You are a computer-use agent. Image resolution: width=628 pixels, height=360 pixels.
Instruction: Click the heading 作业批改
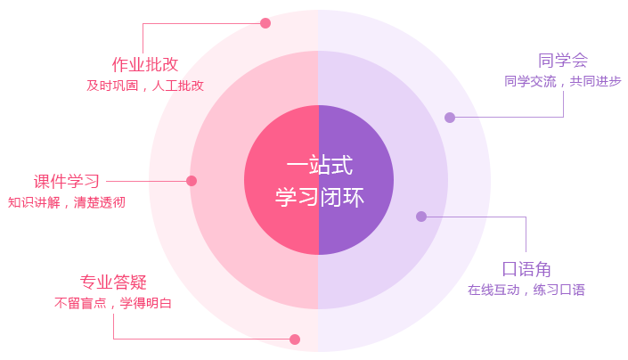point(145,64)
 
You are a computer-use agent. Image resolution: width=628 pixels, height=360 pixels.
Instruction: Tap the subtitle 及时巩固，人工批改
point(145,86)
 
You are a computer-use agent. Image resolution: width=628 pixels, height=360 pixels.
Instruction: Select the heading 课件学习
point(67,182)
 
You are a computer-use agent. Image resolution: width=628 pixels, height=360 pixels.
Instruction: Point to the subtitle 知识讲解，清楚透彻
point(67,202)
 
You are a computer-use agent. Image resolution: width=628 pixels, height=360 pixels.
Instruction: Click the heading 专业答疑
point(113,282)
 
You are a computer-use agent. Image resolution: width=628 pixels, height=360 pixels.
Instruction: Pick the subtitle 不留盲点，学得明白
point(113,303)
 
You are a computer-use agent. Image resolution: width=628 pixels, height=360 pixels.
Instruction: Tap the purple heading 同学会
point(563,61)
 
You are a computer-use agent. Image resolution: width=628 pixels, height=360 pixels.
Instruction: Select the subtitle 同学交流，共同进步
point(563,81)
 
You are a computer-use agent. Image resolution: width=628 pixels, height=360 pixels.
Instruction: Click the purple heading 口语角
point(526,269)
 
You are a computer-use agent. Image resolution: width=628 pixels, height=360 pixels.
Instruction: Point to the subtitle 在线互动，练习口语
point(526,290)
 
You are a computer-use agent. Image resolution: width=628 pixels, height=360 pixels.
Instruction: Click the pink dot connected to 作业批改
point(265,23)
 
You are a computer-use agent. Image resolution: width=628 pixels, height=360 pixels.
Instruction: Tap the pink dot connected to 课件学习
point(192,181)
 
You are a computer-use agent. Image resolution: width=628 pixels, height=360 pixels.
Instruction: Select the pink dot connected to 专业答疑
point(295,340)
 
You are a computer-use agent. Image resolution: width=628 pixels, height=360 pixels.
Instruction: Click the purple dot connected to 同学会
point(450,118)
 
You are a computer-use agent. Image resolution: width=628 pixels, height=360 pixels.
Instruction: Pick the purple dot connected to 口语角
point(421,217)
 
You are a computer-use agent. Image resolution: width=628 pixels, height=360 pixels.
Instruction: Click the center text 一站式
point(319,165)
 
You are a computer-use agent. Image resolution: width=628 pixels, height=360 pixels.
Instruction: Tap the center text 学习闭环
point(319,197)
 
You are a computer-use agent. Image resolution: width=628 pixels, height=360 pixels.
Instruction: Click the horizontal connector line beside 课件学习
point(146,181)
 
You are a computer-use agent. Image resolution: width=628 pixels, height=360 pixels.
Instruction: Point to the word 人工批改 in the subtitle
point(178,86)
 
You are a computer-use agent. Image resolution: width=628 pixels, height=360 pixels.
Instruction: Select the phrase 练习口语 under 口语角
point(559,290)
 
